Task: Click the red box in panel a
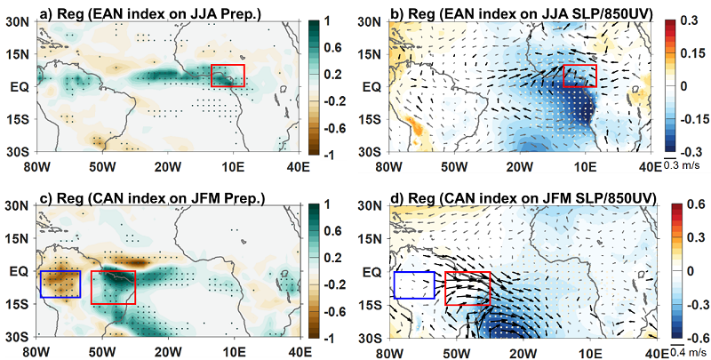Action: [228, 76]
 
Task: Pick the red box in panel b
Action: [580, 76]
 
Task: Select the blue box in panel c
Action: [60, 284]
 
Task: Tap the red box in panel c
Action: [114, 287]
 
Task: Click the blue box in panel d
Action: [413, 284]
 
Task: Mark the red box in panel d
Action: [467, 288]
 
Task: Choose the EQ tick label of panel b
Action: [373, 86]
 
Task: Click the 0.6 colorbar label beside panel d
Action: [691, 205]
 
